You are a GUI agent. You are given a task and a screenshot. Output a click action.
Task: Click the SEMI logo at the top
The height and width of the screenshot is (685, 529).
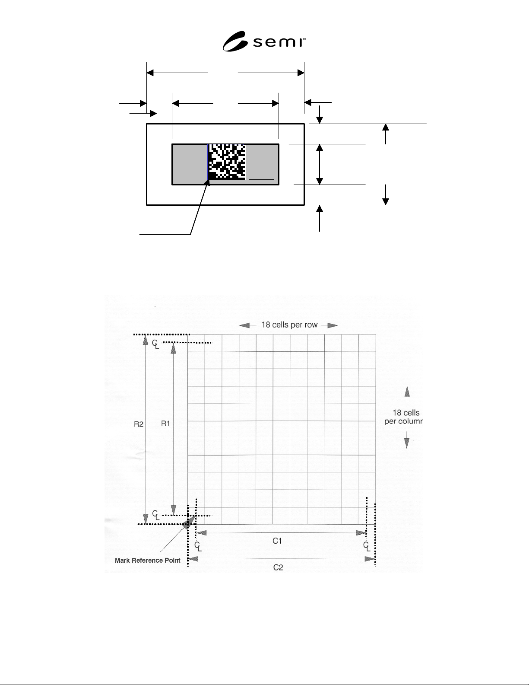(264, 41)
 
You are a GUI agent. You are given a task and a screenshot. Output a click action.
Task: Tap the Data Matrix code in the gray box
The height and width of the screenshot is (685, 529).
(226, 162)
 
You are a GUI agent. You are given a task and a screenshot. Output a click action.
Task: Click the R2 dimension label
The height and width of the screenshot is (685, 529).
(139, 424)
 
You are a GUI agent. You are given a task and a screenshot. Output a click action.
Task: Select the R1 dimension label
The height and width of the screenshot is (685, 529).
(165, 424)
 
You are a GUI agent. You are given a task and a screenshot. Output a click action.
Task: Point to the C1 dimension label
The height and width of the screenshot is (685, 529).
(277, 541)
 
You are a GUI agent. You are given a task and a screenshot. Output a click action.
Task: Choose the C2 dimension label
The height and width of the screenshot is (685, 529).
(278, 567)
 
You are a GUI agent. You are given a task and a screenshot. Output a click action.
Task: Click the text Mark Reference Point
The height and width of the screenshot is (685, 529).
(147, 560)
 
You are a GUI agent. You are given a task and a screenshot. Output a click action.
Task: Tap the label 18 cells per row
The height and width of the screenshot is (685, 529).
(289, 325)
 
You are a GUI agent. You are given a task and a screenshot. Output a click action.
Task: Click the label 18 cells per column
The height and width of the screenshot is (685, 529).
(404, 417)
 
